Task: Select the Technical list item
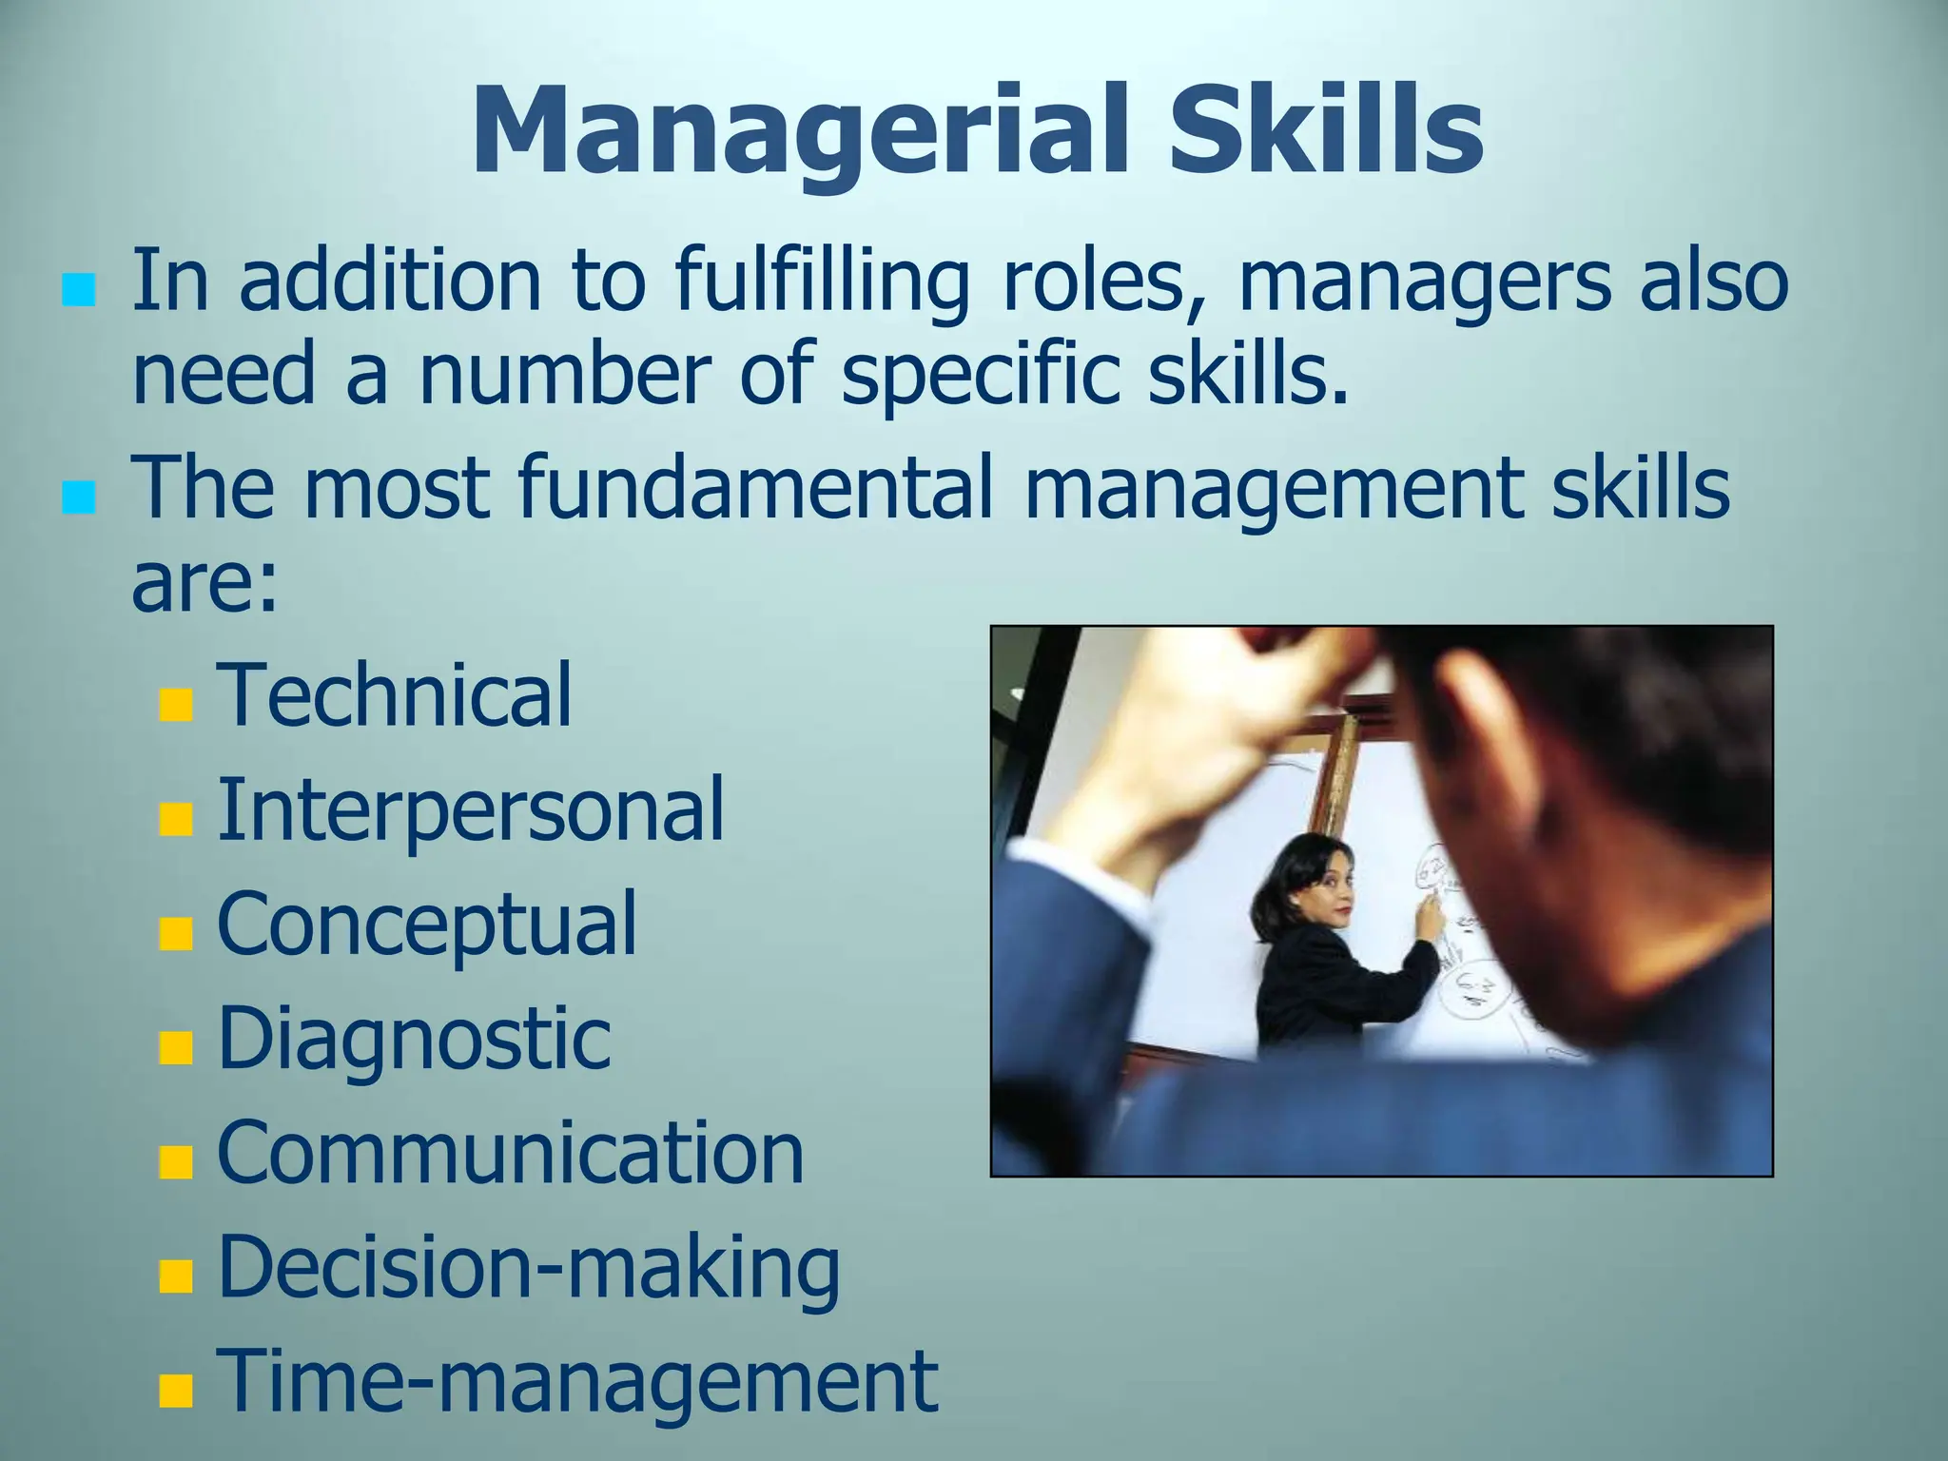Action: pyautogui.click(x=395, y=695)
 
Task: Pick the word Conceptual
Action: pyautogui.click(x=427, y=925)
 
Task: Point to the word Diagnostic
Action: pyautogui.click(x=414, y=1040)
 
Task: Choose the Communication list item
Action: pyautogui.click(x=511, y=1154)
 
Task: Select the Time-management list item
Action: pyautogui.click(x=577, y=1382)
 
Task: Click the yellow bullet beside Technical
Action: pyautogui.click(x=176, y=706)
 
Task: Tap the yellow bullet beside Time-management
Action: pyautogui.click(x=176, y=1391)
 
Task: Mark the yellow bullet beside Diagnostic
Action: pyautogui.click(x=176, y=1048)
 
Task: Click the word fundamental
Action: pyautogui.click(x=755, y=489)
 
